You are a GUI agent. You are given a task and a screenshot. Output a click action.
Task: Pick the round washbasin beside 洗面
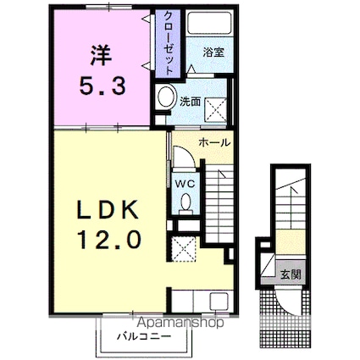pyautogui.click(x=166, y=96)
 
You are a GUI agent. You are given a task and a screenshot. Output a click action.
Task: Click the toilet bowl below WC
pyautogui.click(x=186, y=202)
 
